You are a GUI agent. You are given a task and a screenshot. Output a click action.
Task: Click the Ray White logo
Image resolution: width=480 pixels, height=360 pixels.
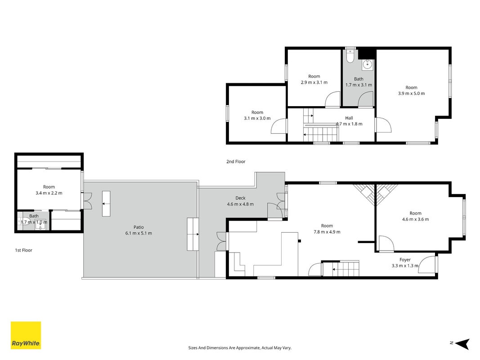26,335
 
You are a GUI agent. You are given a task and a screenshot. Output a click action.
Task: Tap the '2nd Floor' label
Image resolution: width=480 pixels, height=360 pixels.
236,162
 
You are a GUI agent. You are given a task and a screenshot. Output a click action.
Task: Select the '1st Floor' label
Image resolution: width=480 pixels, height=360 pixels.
23,250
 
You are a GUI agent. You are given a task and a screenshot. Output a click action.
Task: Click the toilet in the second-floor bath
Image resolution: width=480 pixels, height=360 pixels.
350,56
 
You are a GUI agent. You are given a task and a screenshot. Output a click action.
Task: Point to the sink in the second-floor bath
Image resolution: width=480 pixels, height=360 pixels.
368,65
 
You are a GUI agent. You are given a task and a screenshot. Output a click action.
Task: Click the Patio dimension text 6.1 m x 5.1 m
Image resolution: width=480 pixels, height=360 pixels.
139,233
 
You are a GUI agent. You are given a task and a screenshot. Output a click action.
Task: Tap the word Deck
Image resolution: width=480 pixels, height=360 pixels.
240,198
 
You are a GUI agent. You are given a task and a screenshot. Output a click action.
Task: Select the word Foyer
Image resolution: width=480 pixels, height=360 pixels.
405,260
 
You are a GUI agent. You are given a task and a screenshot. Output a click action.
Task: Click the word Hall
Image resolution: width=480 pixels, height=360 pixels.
349,118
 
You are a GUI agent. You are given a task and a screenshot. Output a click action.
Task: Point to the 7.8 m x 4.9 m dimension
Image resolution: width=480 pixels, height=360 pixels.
327,232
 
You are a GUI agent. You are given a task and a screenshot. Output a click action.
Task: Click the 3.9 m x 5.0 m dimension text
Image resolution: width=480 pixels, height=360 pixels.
412,93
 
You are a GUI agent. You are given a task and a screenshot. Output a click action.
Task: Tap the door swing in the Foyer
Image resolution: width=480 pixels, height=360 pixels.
427,264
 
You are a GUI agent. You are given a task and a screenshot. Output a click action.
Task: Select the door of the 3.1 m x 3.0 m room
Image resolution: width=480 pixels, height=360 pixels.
278,126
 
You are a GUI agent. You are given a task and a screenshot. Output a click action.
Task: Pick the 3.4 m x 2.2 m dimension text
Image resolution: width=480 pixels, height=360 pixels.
49,193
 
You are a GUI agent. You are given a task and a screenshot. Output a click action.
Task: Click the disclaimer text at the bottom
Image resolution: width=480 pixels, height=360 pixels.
240,348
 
